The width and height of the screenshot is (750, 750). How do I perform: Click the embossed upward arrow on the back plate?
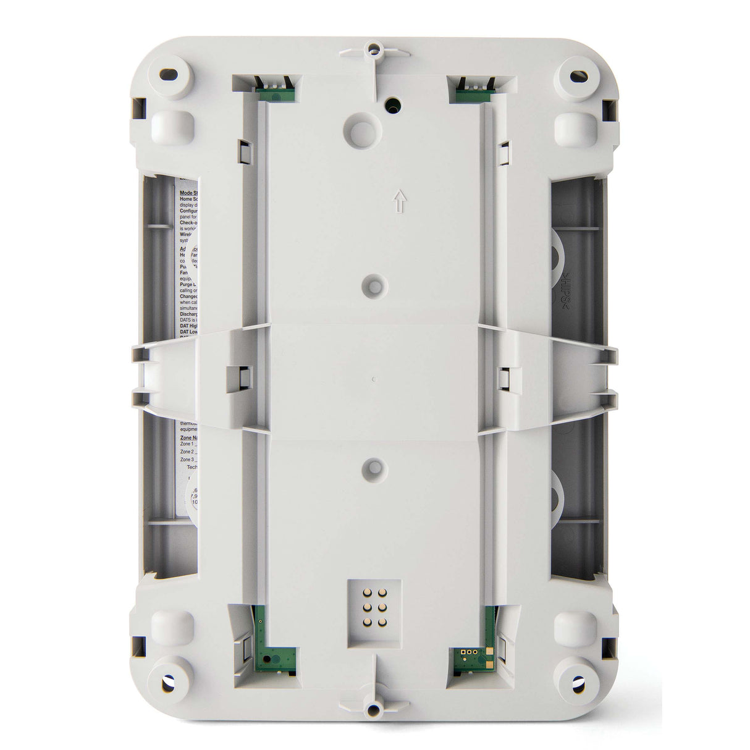point(400,200)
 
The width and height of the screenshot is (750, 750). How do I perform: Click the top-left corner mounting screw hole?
point(167,75)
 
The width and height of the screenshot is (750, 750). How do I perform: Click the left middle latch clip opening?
point(235,375)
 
